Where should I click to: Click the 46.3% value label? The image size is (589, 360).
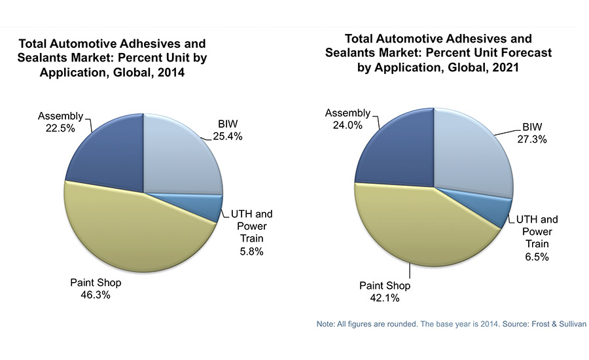pyautogui.click(x=96, y=295)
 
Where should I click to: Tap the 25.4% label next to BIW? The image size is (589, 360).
pyautogui.click(x=228, y=137)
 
